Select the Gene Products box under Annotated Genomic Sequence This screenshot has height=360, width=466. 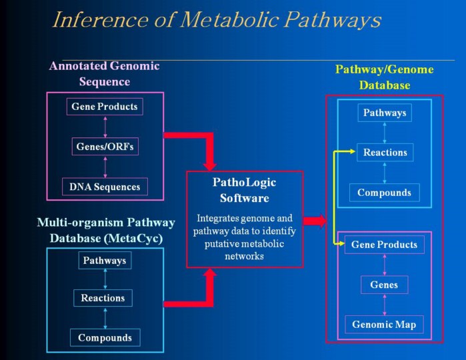click(105, 107)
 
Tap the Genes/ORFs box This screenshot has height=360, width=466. click(105, 146)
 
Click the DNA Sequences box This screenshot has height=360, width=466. click(105, 187)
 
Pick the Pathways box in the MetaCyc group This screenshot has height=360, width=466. click(105, 260)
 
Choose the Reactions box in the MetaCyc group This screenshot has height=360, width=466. click(103, 298)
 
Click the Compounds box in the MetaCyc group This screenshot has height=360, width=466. click(105, 337)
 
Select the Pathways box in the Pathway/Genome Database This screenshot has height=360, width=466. click(384, 113)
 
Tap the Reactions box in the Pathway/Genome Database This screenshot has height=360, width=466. click(385, 153)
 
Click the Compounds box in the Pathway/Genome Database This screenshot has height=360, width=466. click(384, 193)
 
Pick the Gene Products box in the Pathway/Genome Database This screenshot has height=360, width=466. click(384, 245)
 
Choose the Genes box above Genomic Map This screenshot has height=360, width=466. click(384, 285)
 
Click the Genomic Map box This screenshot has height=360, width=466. click(384, 325)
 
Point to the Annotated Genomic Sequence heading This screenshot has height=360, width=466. click(104, 74)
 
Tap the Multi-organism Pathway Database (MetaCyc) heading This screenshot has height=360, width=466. click(105, 230)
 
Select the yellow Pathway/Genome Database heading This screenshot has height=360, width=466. click(384, 77)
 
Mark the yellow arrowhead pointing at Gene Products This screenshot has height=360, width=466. click(340, 245)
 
